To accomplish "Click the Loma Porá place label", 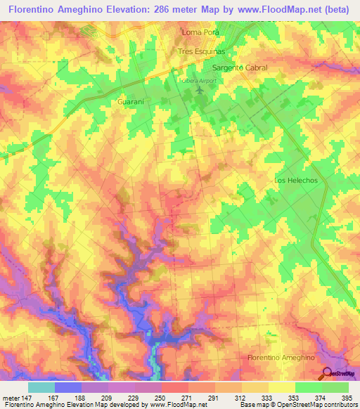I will (201, 33).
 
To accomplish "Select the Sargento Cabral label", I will (240, 68).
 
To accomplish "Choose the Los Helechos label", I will (296, 181).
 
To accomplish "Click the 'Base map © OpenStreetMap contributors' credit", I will (298, 405).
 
